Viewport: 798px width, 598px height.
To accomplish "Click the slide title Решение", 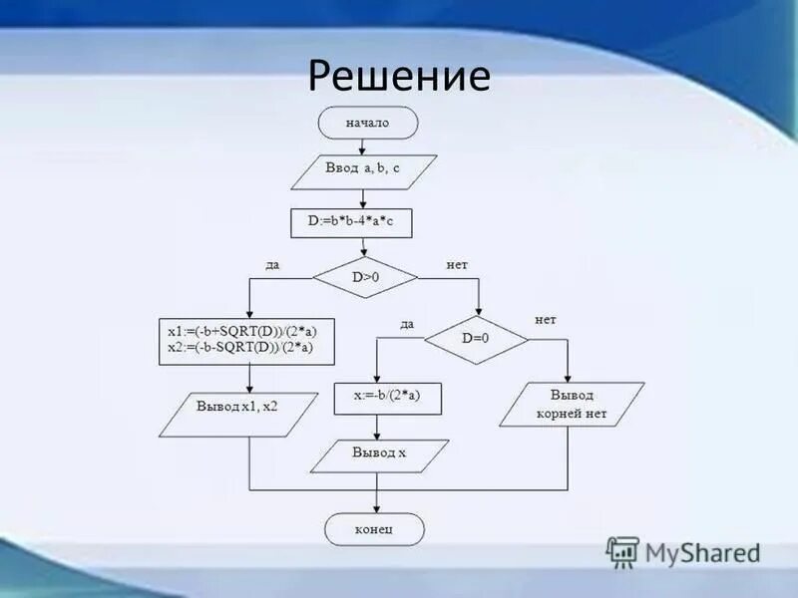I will [x=399, y=77].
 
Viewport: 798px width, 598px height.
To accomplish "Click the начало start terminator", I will [x=367, y=124].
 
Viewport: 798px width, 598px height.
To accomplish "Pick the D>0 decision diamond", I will [x=365, y=278].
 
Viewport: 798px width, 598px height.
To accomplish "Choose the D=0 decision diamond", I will [x=476, y=339].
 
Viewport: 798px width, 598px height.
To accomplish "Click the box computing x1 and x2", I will [x=246, y=339].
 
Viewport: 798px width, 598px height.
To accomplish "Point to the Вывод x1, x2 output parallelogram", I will [x=236, y=407].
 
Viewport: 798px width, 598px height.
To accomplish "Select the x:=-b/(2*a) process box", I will [x=387, y=398].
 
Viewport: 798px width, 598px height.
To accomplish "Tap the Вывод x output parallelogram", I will [x=378, y=453].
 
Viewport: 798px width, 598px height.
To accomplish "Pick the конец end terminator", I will [x=375, y=529].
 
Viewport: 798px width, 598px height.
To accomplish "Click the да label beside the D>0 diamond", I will [x=271, y=265].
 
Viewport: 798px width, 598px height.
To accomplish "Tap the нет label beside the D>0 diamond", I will [x=456, y=265].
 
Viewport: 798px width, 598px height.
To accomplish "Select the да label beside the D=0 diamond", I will [x=407, y=324].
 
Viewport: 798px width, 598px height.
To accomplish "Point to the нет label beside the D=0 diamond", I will [x=545, y=320].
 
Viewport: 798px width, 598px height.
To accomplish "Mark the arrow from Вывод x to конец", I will [x=376, y=495].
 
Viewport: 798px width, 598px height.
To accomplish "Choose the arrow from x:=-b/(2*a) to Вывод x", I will [x=377, y=427].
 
